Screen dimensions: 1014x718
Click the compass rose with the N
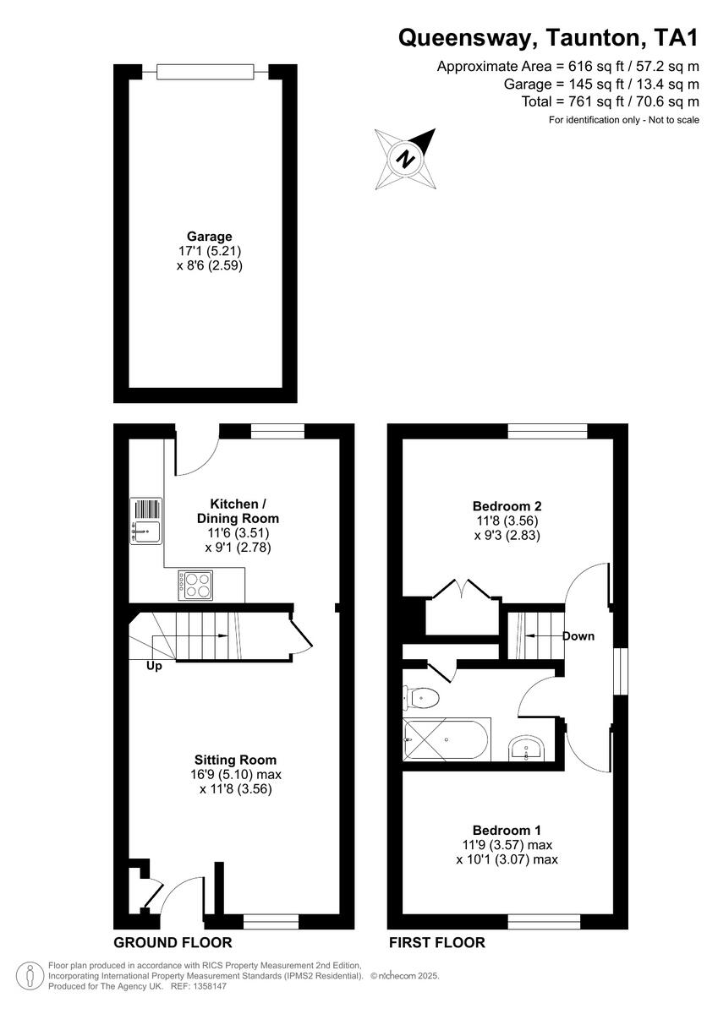(x=408, y=158)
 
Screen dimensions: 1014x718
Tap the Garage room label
(x=209, y=237)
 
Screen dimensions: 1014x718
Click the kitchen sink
(x=145, y=521)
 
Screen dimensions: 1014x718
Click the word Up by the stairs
(x=154, y=666)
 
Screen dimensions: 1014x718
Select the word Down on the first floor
(x=578, y=636)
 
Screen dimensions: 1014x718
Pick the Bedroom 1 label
(x=507, y=830)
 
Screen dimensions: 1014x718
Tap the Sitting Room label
(x=234, y=760)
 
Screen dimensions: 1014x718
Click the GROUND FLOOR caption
(x=173, y=942)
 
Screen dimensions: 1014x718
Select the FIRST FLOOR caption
(x=436, y=942)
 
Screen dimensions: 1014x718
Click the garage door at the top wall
(x=205, y=72)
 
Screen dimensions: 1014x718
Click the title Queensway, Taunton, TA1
(x=548, y=36)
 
